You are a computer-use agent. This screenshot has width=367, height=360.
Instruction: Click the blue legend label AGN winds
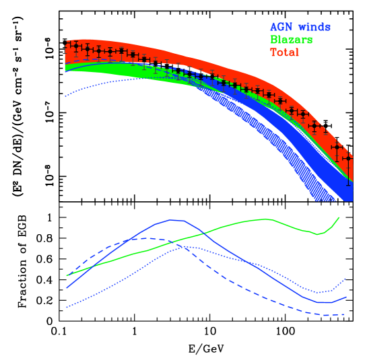click(300, 27)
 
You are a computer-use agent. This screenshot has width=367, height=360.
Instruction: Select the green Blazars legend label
click(291, 40)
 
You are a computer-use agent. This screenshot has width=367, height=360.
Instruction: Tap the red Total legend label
click(284, 52)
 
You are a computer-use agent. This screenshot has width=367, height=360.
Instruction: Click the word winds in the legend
click(314, 27)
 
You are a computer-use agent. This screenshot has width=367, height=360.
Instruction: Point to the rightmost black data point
click(348, 159)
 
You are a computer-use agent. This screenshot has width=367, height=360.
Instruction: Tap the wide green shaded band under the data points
click(101, 68)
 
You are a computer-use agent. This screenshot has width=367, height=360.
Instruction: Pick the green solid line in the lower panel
click(222, 227)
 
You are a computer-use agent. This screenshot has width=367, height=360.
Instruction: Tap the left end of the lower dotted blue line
click(67, 308)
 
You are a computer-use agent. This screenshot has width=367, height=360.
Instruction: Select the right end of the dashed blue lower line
click(345, 314)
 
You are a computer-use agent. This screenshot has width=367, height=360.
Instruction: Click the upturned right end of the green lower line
click(338, 217)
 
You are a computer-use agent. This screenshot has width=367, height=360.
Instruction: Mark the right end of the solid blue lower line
click(346, 297)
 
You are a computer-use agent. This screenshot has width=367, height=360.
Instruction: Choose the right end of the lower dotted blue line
click(345, 278)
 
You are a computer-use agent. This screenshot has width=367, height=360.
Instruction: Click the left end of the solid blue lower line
click(67, 288)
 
